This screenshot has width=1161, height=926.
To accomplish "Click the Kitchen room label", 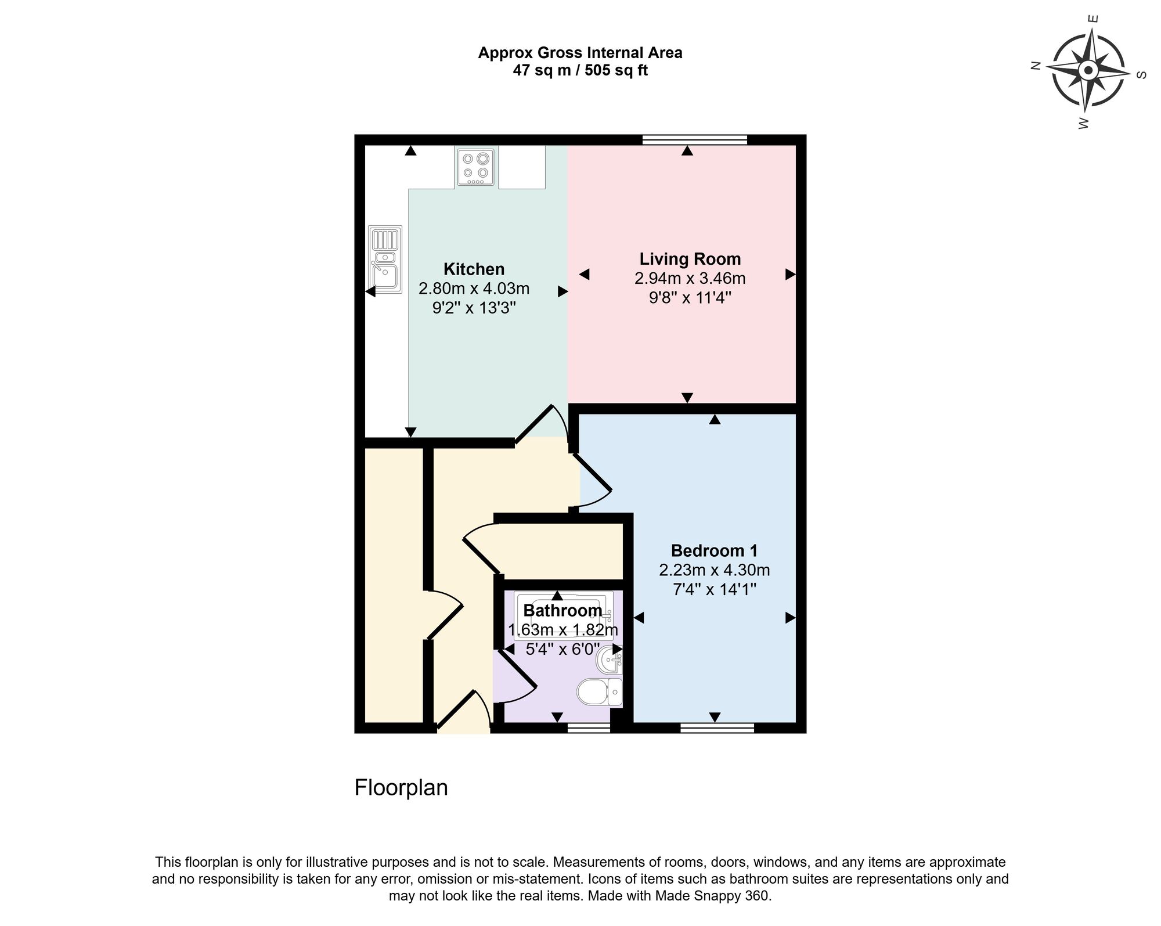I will coord(474,269).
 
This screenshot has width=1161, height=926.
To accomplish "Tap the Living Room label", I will coord(690,259).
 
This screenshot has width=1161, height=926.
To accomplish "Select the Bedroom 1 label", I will coord(714,551).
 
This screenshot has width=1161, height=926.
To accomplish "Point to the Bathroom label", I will coord(563,611).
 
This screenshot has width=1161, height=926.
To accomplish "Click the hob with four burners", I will coord(475,167).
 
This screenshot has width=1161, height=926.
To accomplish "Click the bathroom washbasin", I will coord(610,660).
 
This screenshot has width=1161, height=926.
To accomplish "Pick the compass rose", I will coord(1088,72).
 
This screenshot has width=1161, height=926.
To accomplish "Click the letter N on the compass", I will coord(1034,66).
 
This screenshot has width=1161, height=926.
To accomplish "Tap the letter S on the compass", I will coord(1141,75).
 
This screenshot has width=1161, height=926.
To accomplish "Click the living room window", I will coord(694,139).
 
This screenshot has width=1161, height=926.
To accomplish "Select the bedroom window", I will coord(717,728).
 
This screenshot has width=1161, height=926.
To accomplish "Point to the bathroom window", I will coord(589,728).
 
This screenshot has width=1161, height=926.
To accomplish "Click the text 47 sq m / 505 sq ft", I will coord(580,71).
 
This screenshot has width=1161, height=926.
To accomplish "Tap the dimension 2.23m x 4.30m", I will coord(714,571).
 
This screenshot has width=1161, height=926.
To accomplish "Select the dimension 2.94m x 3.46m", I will coord(690,279).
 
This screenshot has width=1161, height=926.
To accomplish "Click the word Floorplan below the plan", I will coord(401,788).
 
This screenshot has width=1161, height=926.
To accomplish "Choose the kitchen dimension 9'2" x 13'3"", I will coord(474,308).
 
